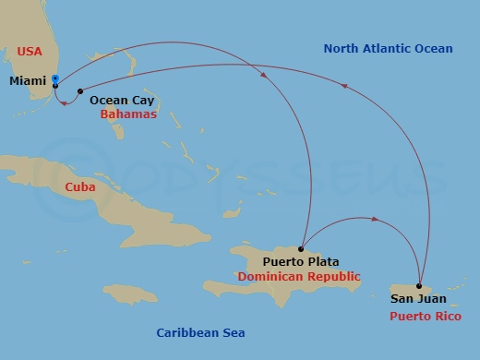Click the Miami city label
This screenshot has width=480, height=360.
click(x=27, y=81)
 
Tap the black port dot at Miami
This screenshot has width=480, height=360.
click(x=55, y=86)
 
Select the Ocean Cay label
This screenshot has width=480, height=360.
click(x=121, y=102)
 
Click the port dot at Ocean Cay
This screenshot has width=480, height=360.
click(x=81, y=90)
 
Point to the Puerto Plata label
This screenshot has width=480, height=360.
click(x=298, y=262)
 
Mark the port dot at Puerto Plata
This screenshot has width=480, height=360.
click(x=302, y=248)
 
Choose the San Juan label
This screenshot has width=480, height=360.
click(x=418, y=298)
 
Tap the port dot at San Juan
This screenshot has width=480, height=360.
click(x=419, y=285)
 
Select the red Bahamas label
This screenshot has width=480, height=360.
click(x=128, y=114)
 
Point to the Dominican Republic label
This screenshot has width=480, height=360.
click(x=298, y=276)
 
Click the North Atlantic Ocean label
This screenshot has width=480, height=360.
click(x=388, y=49)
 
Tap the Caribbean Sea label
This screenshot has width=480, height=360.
click(x=200, y=332)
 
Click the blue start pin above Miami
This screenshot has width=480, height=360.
click(x=55, y=78)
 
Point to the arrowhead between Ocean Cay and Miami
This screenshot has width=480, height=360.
click(x=63, y=103)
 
